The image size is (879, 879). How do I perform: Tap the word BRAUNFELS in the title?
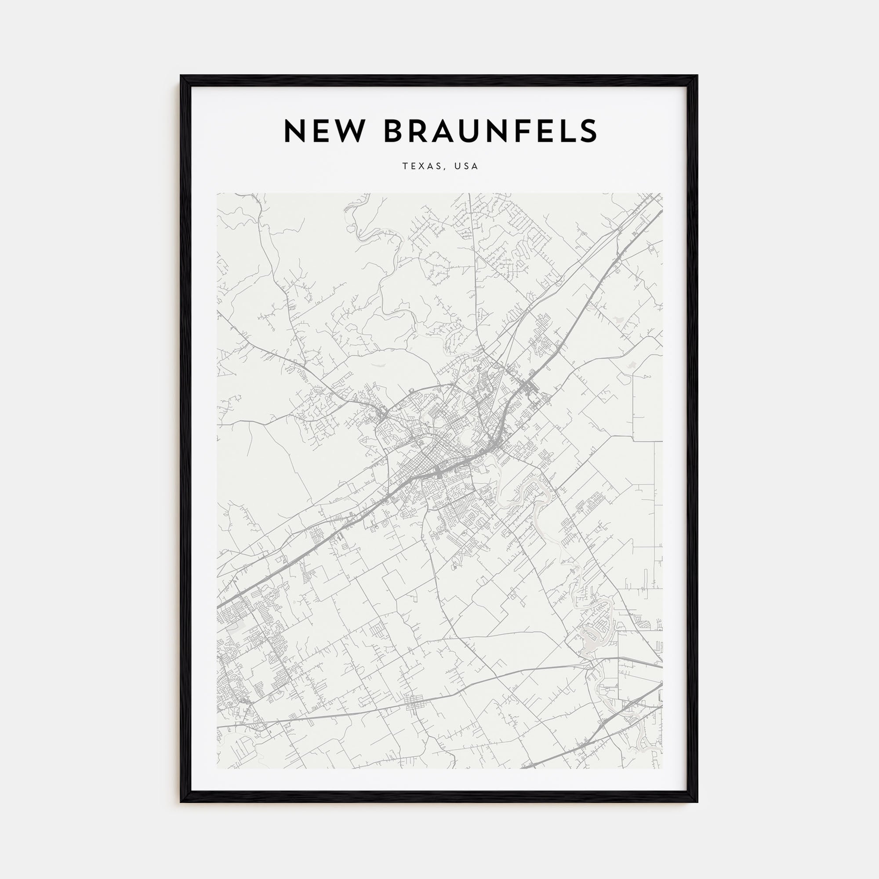[490, 131]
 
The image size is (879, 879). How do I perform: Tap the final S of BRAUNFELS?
[587, 131]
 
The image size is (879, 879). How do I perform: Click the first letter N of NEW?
[296, 131]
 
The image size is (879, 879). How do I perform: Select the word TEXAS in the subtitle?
[421, 167]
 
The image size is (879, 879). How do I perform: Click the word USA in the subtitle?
[466, 167]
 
